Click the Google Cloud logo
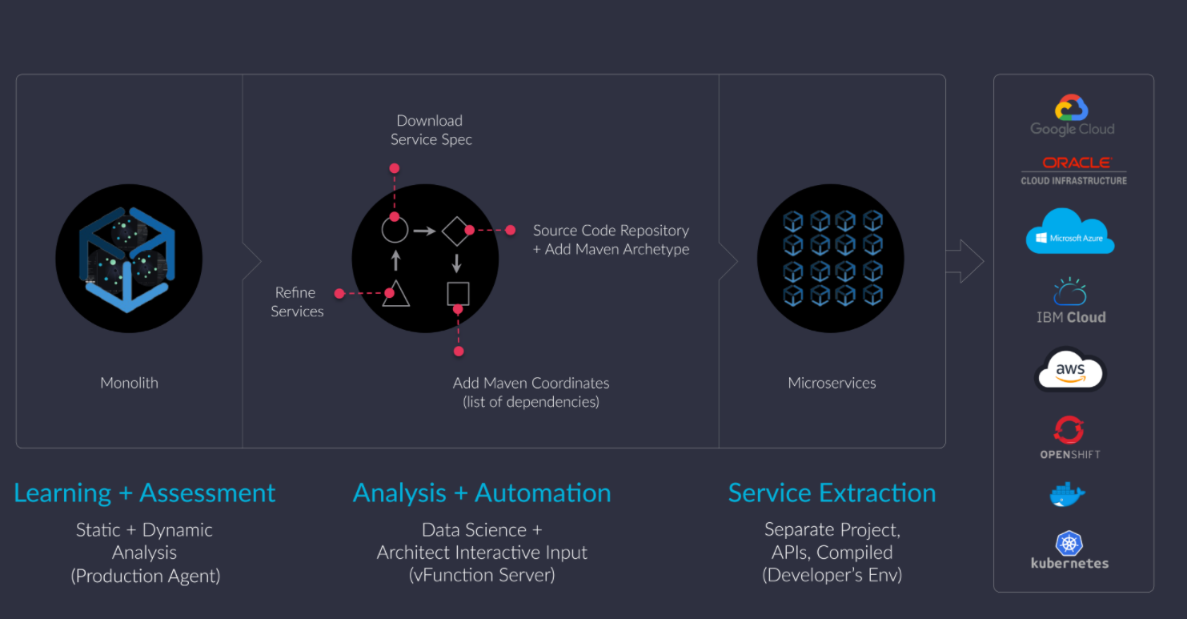point(1072,116)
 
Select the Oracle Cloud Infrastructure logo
point(1073,171)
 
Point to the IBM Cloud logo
point(1071,302)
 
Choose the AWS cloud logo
point(1069,371)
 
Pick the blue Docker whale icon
point(1067,495)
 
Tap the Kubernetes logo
point(1070,550)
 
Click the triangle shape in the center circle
point(395,295)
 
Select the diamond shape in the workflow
point(456,231)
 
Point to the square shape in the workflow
point(458,294)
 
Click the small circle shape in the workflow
point(395,231)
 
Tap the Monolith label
point(129,383)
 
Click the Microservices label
point(832,383)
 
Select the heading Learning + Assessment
point(145,492)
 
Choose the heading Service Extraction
point(832,492)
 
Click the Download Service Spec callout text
point(431,130)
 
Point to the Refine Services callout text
point(297,302)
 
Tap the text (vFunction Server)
point(482,575)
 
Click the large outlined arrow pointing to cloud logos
point(964,261)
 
